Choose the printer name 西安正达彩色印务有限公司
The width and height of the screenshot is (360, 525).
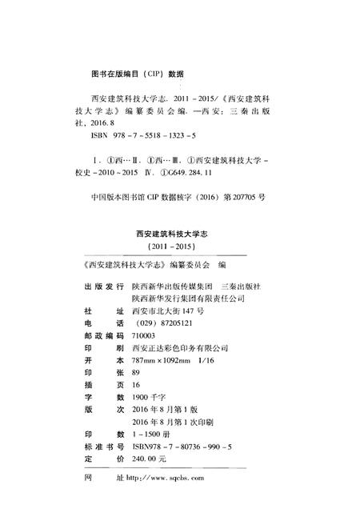(183, 349)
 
